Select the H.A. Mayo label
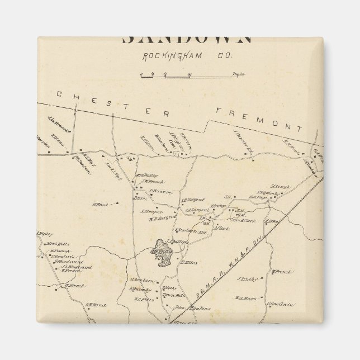[x=245, y=298]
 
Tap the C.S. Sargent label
[x=196, y=210]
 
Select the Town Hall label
[x=174, y=295]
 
